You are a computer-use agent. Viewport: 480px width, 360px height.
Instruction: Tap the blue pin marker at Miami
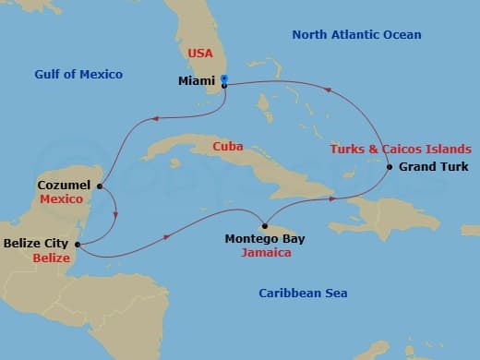(x=224, y=79)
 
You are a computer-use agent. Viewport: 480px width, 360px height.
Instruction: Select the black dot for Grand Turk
(x=390, y=167)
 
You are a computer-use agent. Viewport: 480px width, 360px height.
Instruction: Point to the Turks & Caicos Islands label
(x=401, y=149)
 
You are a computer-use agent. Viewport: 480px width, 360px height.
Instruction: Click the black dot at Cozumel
(x=99, y=186)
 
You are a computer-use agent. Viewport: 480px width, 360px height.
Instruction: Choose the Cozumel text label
(x=64, y=185)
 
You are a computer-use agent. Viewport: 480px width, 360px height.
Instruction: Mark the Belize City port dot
(x=77, y=245)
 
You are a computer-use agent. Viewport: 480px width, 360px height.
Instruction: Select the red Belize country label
(x=51, y=258)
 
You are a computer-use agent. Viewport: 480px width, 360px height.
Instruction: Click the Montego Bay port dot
(x=264, y=225)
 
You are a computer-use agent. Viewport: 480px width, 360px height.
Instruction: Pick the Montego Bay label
(x=264, y=238)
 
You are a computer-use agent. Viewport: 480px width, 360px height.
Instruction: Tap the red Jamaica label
(x=264, y=251)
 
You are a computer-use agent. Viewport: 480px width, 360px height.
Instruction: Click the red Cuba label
(x=227, y=146)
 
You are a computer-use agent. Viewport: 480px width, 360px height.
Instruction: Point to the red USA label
(x=201, y=54)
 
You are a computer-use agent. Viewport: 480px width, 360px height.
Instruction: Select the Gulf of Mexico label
(x=78, y=74)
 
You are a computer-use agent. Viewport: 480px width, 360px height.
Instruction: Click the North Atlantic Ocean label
(x=356, y=35)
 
